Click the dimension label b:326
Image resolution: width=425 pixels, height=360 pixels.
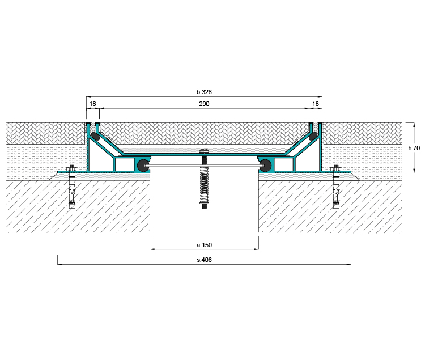point(204,92)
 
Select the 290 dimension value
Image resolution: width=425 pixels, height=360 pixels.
point(204,104)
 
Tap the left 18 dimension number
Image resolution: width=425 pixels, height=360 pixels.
point(93,104)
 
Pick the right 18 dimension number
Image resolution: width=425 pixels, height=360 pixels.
point(316,104)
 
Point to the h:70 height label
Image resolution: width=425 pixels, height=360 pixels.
point(414,148)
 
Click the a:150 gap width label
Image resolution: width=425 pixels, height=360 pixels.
point(204,245)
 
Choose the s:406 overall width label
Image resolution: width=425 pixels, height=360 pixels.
point(204,260)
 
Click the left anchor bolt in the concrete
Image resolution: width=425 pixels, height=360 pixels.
point(72,187)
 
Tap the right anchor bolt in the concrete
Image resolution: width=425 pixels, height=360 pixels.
point(336,187)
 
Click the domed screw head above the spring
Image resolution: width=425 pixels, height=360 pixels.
point(204,151)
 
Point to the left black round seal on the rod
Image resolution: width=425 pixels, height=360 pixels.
point(143,166)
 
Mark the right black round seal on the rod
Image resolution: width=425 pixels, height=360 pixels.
point(265,166)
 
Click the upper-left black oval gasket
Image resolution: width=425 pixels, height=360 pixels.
point(95,136)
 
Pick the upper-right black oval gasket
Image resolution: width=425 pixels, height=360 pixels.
point(313,136)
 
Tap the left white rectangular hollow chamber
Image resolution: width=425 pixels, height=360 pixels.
point(125,164)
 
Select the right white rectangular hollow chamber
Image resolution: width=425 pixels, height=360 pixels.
point(283,164)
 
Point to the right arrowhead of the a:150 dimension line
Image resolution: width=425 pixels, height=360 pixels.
point(256,249)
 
